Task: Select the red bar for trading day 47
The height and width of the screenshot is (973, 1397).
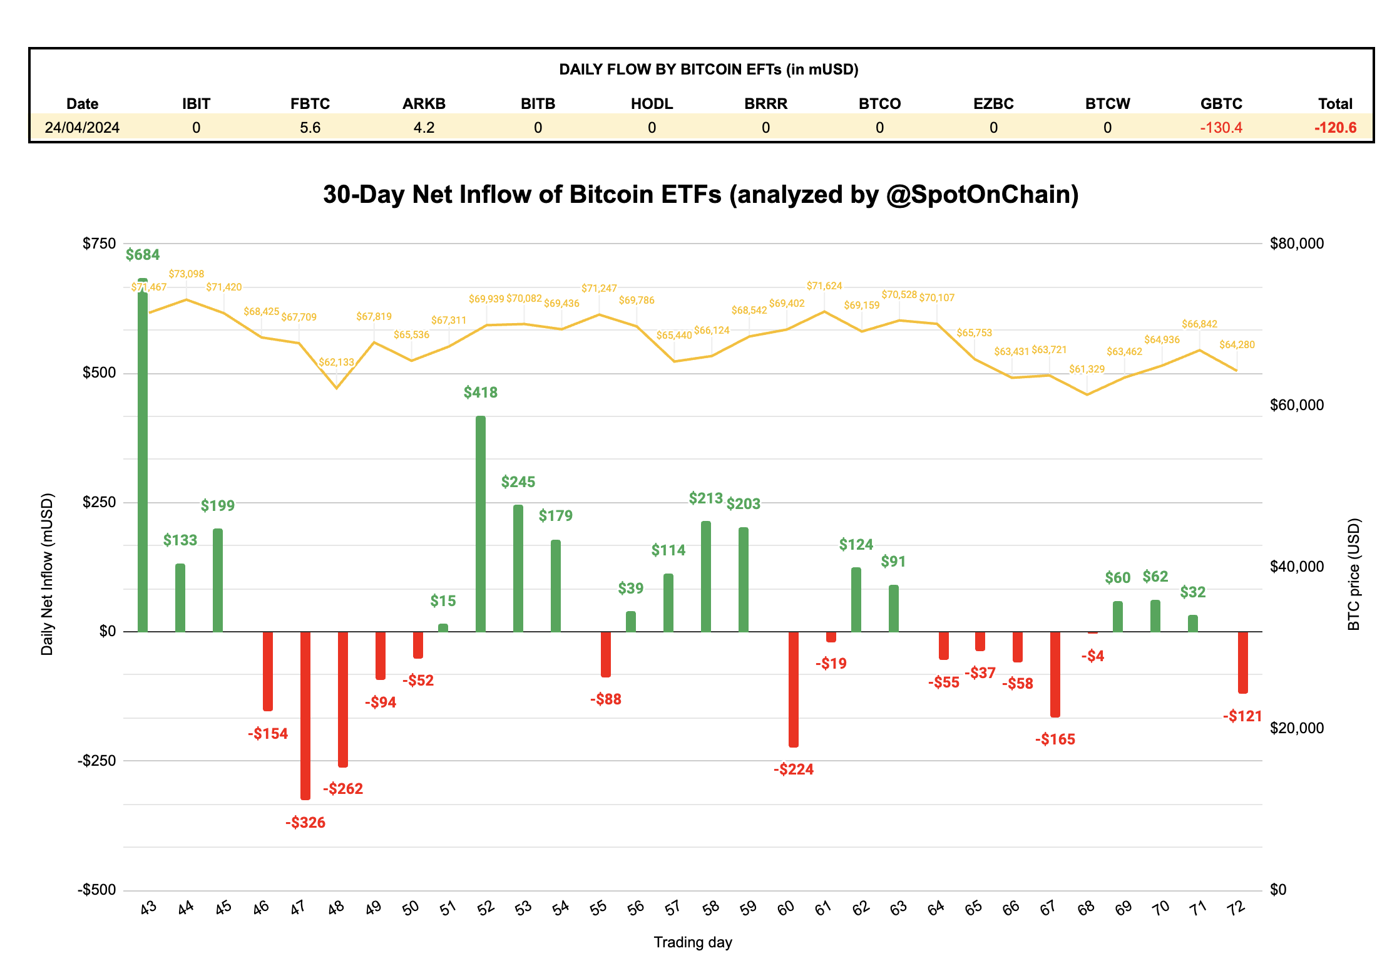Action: [x=305, y=715]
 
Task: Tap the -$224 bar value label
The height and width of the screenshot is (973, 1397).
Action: [x=793, y=769]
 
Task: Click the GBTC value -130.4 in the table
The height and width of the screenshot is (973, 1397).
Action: [x=1220, y=128]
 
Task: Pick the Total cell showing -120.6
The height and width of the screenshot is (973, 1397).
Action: [x=1335, y=128]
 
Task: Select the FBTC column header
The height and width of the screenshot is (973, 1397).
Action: [x=310, y=104]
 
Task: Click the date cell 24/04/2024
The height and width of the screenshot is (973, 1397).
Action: [x=82, y=128]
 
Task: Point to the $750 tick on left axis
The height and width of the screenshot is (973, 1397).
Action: [x=99, y=244]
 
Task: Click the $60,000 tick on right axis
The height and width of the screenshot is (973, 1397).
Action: [x=1296, y=405]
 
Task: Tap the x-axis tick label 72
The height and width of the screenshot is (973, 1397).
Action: [x=1236, y=908]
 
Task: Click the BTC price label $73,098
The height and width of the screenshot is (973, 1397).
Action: [x=186, y=274]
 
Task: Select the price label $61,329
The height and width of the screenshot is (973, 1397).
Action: [x=1087, y=369]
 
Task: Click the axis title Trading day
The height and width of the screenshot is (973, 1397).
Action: [x=693, y=942]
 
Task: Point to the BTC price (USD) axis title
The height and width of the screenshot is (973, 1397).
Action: [x=1354, y=574]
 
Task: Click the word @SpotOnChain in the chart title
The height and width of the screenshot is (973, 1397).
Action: [x=981, y=195]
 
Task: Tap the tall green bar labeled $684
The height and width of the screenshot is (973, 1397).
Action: [x=143, y=455]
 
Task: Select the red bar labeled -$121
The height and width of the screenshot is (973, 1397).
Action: [x=1243, y=662]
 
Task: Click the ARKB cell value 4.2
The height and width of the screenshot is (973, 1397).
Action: [x=424, y=128]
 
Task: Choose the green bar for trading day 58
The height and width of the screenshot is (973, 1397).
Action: [x=706, y=576]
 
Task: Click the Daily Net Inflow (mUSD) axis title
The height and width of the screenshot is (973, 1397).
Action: [x=48, y=574]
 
